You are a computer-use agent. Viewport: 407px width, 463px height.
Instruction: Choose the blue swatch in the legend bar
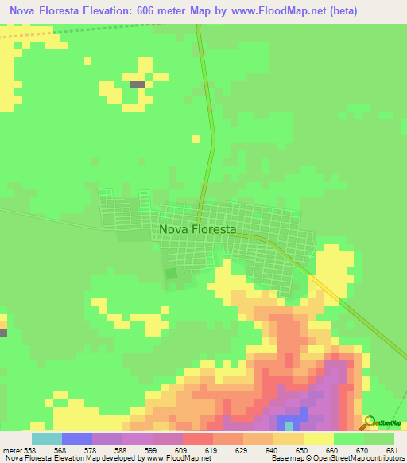[x=76, y=438]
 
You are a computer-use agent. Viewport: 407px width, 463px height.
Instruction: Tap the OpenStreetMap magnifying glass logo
[x=370, y=422]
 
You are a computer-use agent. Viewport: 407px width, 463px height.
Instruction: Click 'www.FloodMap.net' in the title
[x=266, y=10]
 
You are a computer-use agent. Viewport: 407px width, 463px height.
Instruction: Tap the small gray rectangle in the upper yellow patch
[x=138, y=84]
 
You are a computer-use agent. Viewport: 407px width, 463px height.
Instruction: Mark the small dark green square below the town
[x=170, y=273]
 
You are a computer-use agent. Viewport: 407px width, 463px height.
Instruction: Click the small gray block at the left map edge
[x=2, y=333]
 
